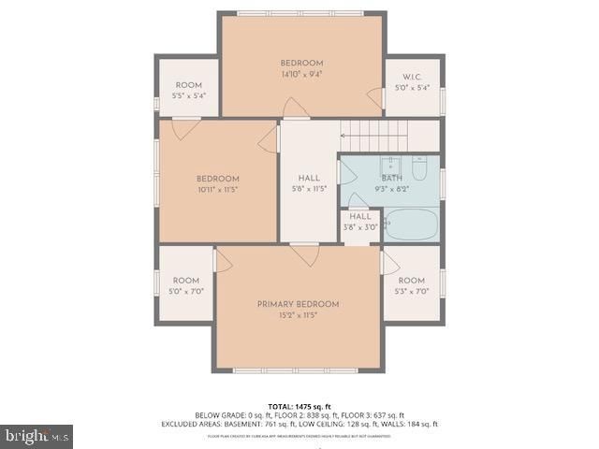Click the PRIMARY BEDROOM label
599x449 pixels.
coord(298,304)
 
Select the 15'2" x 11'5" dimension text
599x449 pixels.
coord(298,316)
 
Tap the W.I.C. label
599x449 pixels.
coord(412,77)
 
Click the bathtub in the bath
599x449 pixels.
coord(411,225)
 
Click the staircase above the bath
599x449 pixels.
coord(384,137)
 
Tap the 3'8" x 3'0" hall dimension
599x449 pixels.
coord(360,226)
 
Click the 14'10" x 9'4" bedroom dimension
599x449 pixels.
coord(301,75)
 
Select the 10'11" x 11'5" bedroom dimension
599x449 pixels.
coord(217,190)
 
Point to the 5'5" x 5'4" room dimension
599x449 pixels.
coord(188,95)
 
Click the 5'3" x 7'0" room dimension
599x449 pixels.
coord(411,291)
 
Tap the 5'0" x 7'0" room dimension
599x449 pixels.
coord(186,291)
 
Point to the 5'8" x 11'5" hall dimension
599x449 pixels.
coord(309,189)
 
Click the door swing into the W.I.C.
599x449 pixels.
coord(376,97)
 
